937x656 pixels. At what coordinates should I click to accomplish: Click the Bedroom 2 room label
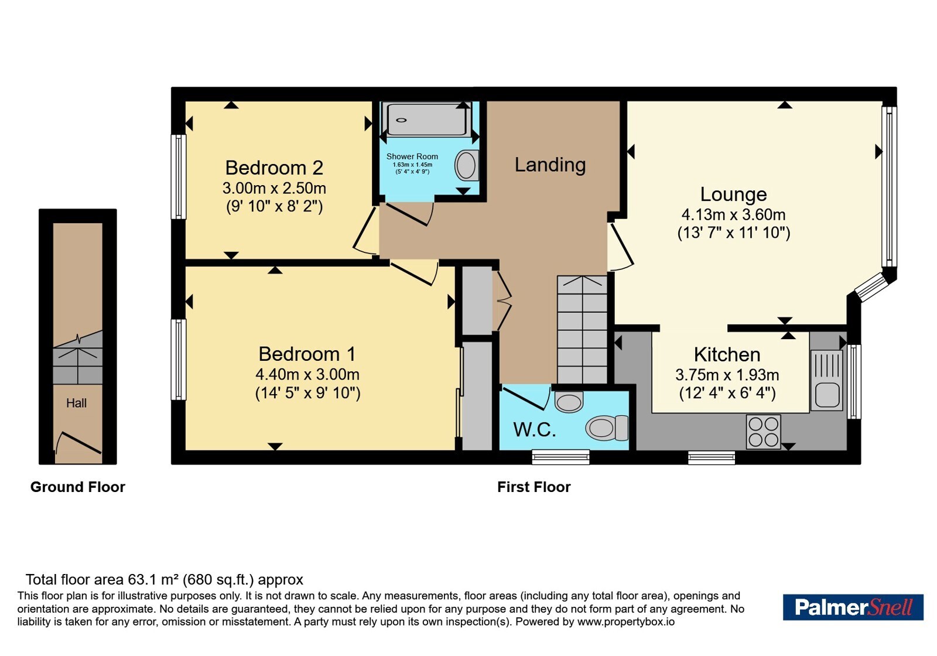274,168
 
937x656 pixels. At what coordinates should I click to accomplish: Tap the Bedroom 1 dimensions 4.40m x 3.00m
307,374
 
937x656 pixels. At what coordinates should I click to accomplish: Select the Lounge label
733,194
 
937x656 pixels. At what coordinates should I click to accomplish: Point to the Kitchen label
727,354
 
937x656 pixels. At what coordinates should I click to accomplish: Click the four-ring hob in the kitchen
764,432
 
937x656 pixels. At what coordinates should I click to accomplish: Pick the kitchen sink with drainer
826,380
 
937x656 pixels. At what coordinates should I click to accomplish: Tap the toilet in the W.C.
607,428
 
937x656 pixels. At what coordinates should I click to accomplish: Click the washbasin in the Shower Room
466,165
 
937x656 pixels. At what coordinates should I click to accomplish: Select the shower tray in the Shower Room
426,119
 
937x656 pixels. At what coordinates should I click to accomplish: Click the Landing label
550,165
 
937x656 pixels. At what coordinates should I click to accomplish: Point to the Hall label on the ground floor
76,403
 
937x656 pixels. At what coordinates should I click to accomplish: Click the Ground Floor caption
78,487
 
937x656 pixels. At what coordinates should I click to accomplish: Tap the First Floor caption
534,487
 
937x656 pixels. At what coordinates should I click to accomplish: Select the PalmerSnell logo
853,607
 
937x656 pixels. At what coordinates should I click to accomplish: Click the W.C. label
535,429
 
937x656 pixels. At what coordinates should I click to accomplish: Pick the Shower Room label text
412,156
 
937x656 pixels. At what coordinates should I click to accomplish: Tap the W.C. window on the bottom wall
560,457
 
